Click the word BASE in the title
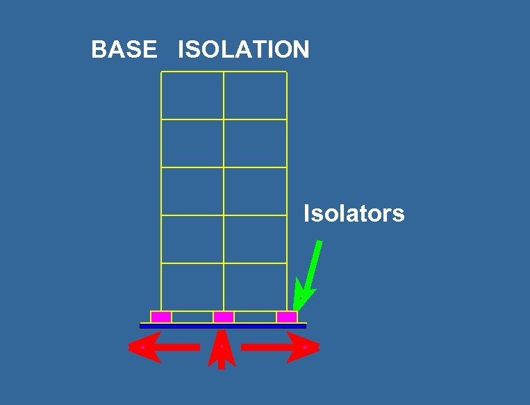124,50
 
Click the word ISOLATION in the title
243,50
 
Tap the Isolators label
354,213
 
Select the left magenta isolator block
161,317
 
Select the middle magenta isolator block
224,317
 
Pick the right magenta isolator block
287,317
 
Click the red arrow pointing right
281,347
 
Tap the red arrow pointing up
221,351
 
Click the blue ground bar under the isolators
223,325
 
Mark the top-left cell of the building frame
192,95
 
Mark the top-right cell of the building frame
255,95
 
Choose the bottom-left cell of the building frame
192,287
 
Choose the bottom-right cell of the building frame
255,287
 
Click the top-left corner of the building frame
161,72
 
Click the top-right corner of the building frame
286,72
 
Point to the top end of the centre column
224,72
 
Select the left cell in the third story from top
192,191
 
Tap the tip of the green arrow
295,309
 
